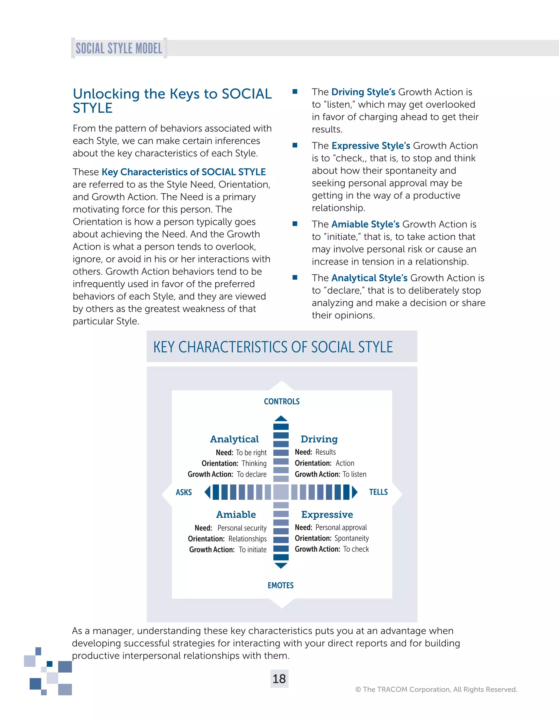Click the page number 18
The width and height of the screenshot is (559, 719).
click(x=279, y=679)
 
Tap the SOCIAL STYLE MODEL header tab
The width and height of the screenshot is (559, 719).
click(x=119, y=48)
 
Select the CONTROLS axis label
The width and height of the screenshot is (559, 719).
click(x=282, y=401)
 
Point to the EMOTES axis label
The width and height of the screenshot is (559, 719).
click(x=281, y=585)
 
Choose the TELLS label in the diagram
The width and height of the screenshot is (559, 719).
click(x=378, y=492)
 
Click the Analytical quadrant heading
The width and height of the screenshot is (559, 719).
click(x=234, y=439)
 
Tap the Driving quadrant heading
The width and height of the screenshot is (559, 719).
click(x=319, y=439)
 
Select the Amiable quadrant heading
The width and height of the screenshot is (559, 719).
click(x=236, y=514)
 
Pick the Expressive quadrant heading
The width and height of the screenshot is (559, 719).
click(x=327, y=514)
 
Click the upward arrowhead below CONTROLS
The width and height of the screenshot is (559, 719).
click(x=281, y=418)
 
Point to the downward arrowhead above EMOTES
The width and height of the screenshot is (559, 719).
click(x=281, y=566)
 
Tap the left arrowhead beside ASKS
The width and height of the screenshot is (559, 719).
click(x=207, y=492)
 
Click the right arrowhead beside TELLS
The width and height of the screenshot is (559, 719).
click(x=355, y=492)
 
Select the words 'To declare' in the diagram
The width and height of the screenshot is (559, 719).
click(x=252, y=474)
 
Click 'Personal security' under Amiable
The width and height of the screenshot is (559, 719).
click(x=242, y=528)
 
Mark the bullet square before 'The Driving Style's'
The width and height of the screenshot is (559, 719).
click(x=295, y=91)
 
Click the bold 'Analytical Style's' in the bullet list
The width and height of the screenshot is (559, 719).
click(x=369, y=278)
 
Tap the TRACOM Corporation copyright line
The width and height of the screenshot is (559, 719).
click(x=436, y=689)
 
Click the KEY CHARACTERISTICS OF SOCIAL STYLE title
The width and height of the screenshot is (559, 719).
click(x=273, y=347)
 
